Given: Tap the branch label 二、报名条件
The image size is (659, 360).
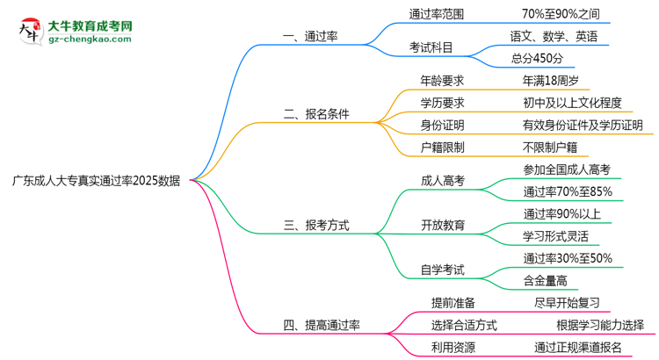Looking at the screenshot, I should pyautogui.click(x=316, y=114).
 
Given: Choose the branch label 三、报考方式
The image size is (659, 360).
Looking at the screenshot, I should pyautogui.click(x=316, y=225).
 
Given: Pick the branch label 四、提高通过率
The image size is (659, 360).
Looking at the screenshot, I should pyautogui.click(x=322, y=325).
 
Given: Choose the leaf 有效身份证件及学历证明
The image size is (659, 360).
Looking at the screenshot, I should pyautogui.click(x=583, y=126).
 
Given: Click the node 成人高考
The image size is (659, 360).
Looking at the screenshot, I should pyautogui.click(x=443, y=181).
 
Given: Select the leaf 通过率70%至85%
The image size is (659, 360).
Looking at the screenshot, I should pyautogui.click(x=568, y=191).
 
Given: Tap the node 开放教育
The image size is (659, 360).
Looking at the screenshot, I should pyautogui.click(x=443, y=225).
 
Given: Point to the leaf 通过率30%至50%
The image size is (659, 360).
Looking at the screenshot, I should pyautogui.click(x=568, y=258).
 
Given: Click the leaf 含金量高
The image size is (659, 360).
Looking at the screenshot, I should pyautogui.click(x=545, y=281).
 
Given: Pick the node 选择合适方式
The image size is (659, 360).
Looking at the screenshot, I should pyautogui.click(x=464, y=325).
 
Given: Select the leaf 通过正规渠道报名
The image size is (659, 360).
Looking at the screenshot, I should pyautogui.click(x=577, y=348).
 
